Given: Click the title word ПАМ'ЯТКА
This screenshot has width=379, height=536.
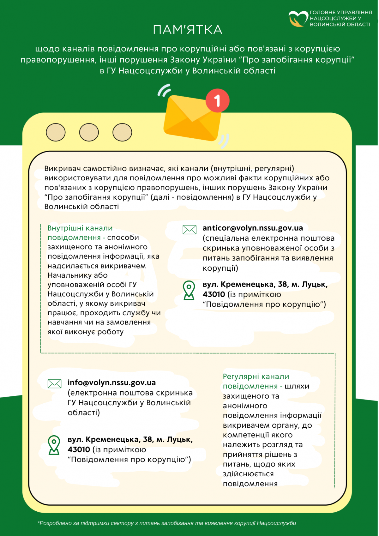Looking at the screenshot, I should [x=188, y=30].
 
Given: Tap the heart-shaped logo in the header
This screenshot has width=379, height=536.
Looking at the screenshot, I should [x=298, y=19].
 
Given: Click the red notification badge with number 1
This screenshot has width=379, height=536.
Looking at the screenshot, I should [x=217, y=100].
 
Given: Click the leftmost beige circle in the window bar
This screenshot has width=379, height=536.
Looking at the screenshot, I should [x=56, y=132].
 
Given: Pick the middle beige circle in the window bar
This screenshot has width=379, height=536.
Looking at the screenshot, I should [x=89, y=132].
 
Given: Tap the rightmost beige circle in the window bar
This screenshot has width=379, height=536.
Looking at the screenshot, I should [x=122, y=132].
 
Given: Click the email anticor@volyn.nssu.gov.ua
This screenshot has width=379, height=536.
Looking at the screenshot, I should [x=253, y=228].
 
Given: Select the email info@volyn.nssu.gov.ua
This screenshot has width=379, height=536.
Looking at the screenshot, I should [x=111, y=382].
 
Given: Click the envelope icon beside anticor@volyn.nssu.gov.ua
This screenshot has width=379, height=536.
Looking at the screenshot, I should [x=189, y=230].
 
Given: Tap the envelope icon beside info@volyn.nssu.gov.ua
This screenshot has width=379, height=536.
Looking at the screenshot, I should [x=54, y=384].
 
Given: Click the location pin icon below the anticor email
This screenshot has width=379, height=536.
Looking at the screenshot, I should [x=189, y=290].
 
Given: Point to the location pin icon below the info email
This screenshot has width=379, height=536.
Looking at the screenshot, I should [x=54, y=445].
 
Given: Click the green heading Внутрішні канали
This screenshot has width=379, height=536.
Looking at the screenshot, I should [x=80, y=228].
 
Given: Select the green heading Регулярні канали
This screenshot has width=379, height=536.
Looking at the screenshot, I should [x=256, y=376].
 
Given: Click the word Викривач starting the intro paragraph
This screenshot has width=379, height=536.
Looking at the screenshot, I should [x=62, y=169].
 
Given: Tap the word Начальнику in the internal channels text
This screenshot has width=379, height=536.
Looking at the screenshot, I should [x=77, y=275].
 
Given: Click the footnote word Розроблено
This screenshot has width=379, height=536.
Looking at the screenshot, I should [x=55, y=523].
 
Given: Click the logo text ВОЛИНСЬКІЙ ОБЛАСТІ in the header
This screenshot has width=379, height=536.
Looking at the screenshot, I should [x=340, y=25].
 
